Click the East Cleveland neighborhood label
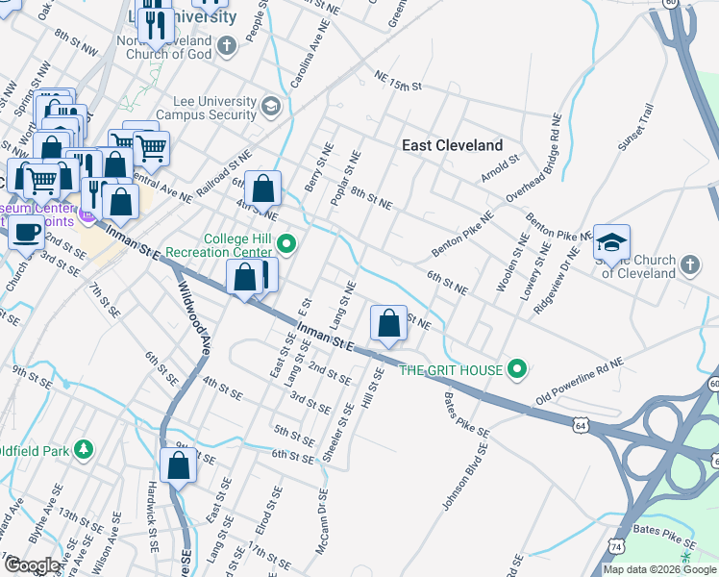pos(452,145)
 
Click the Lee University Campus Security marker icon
pos(270,107)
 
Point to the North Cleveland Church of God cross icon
pos(226,45)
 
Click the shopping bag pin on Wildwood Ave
pos(179,466)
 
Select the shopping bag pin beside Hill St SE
pos(388,323)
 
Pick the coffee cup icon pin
pos(27,232)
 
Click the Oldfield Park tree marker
pos(85,449)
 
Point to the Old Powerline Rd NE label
pos(581,379)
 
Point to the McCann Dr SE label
pos(323,522)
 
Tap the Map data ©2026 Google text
pos(659,569)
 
